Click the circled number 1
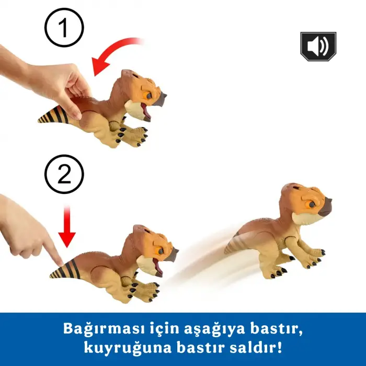[x=64, y=28]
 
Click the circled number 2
[x=64, y=174]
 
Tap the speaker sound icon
[x=318, y=47]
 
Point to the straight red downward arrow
[x=67, y=226]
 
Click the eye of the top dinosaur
[x=148, y=95]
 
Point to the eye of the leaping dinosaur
[x=312, y=205]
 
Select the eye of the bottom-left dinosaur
[x=161, y=251]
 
